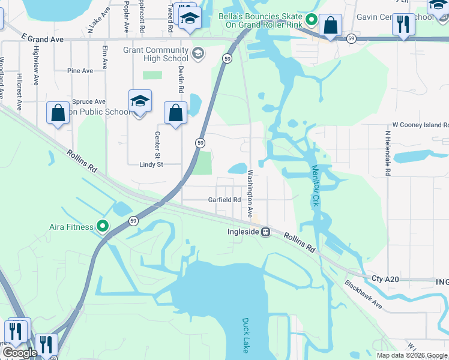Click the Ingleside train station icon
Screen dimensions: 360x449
click(x=265, y=232)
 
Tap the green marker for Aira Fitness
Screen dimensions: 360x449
click(x=103, y=227)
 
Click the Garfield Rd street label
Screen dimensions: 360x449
click(x=224, y=200)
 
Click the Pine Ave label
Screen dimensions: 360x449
click(x=80, y=71)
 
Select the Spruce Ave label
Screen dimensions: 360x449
click(x=89, y=102)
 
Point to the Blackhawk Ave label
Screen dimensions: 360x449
click(x=364, y=295)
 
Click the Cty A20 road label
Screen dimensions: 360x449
click(x=385, y=279)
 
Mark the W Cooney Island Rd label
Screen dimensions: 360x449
click(x=420, y=125)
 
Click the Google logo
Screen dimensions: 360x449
click(x=19, y=353)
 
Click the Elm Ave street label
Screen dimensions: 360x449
click(x=104, y=58)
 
